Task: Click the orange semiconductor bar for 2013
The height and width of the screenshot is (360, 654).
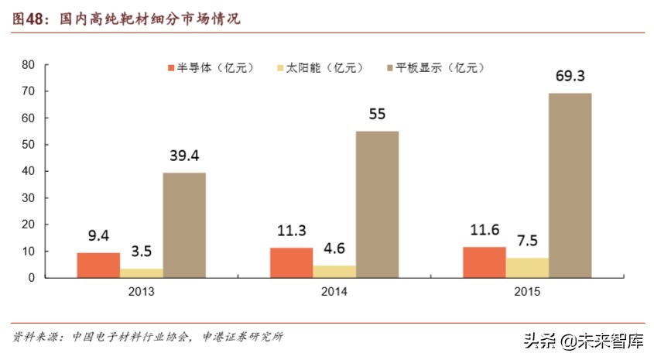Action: pos(98,266)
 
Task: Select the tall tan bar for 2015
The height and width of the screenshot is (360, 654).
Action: pos(570,186)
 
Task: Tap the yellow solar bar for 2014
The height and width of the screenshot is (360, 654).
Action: pos(334,272)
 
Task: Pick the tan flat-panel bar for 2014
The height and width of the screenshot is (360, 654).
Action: pos(377,204)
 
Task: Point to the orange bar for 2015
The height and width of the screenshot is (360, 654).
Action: pos(485,262)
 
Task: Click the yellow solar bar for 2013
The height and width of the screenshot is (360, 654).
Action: pos(141,273)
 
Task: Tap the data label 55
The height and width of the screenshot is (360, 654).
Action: pos(377,115)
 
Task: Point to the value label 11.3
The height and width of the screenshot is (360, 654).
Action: pos(292,230)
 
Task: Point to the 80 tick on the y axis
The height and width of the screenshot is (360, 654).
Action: pos(29,65)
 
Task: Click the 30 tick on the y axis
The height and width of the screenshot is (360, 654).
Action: pos(29,198)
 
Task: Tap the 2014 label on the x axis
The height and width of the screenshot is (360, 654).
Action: pos(334,292)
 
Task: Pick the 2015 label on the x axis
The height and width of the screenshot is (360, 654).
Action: pos(527,292)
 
